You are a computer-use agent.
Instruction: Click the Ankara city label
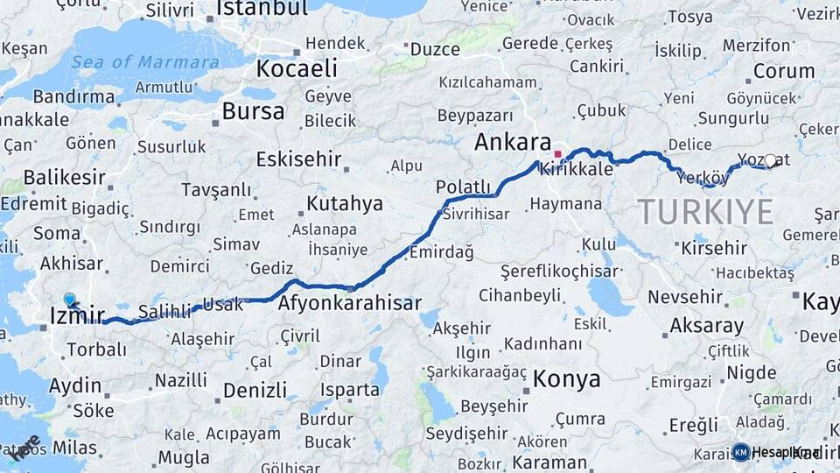[x=513, y=143]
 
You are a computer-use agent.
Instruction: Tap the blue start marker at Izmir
[x=70, y=300]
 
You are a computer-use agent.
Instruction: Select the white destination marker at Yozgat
[x=770, y=160]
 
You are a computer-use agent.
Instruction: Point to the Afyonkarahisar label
[x=350, y=304]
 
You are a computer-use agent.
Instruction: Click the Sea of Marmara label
[x=144, y=62]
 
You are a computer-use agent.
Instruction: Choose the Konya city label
[x=567, y=379]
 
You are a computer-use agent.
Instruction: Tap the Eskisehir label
[x=297, y=159]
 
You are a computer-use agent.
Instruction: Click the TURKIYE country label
[x=705, y=212]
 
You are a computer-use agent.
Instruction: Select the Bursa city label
[x=253, y=111]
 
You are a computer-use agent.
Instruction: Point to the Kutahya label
[x=345, y=204]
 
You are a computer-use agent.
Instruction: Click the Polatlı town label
[x=463, y=187]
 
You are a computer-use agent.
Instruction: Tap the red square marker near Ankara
[x=557, y=154]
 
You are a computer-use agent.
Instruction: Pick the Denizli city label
[x=255, y=391]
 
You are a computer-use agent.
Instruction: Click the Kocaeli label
[x=297, y=68]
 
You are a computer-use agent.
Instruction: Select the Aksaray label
[x=707, y=326]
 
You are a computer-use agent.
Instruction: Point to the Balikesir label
[x=64, y=178]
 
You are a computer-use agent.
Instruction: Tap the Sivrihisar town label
[x=475, y=214]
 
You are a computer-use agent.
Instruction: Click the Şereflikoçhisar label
[x=560, y=272]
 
